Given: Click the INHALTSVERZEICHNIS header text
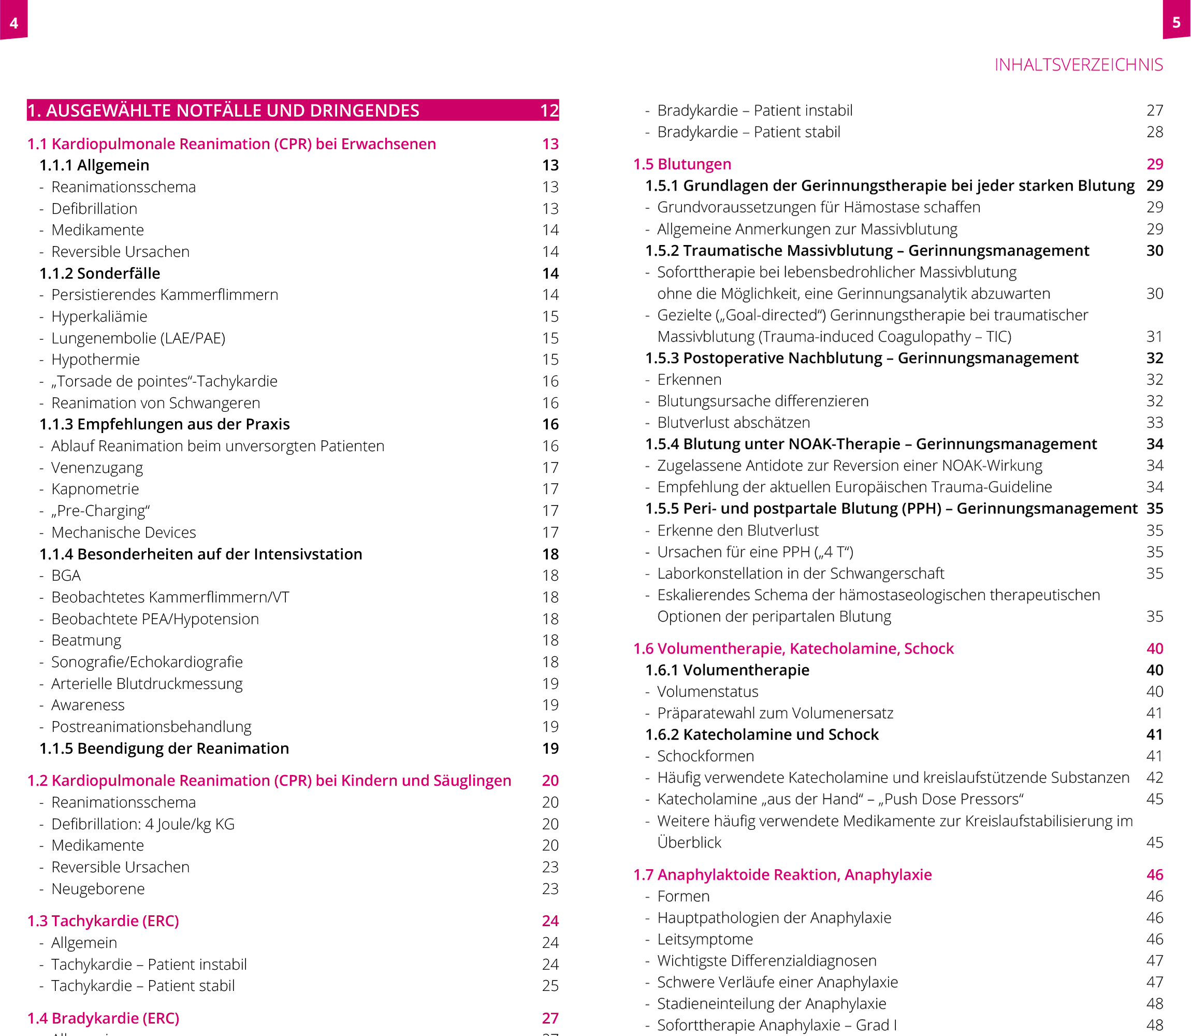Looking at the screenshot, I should point(1078,65).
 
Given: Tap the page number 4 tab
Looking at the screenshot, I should point(14,22).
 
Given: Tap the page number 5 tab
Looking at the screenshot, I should point(1176,22).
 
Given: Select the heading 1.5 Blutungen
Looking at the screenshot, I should point(682,164).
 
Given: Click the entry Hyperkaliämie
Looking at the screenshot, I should point(99,316).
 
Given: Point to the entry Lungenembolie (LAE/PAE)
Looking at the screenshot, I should point(138,338).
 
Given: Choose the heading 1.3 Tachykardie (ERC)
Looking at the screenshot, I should point(103,921).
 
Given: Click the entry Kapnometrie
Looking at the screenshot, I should point(95,489).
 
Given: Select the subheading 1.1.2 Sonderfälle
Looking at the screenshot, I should point(99,274).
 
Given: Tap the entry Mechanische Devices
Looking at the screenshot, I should point(123,533).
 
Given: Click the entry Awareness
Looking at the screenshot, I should point(88,706).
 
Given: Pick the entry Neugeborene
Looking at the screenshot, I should point(98,888).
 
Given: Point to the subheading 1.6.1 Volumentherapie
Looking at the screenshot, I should point(727,670).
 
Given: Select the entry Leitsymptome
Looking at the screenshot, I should point(705,940).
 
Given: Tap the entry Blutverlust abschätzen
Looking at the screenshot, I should point(733,423).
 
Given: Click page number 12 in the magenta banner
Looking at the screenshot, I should point(549,110).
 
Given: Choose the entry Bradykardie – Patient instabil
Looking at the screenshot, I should point(754,110).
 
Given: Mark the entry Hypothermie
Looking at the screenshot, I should point(95,359).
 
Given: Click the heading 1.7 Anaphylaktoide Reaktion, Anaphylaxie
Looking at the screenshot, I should point(782,875).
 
